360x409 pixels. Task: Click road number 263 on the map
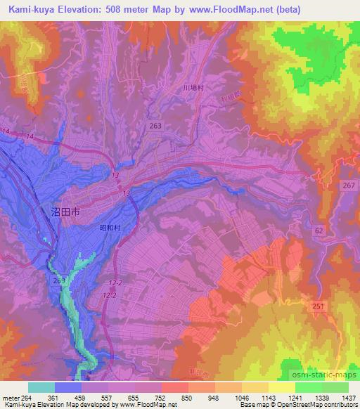[x=155, y=125]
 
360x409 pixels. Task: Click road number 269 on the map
[x=58, y=281]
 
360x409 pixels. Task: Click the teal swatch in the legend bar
[x=41, y=387]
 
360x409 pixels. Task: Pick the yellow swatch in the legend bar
[x=282, y=387]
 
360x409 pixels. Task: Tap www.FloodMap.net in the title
[x=250, y=9]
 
